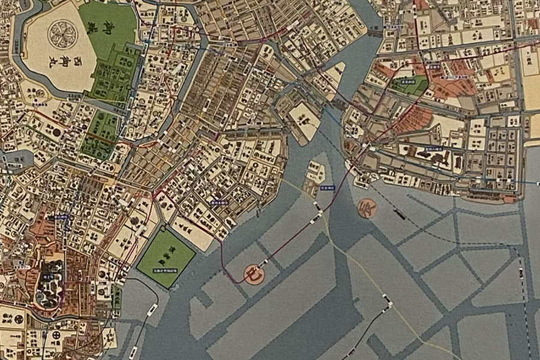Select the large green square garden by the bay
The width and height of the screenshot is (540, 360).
[166, 257]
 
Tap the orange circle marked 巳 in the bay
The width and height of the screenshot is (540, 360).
[254, 274]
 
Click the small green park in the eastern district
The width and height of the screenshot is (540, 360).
[409, 84]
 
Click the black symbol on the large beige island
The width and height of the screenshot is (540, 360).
[305, 119]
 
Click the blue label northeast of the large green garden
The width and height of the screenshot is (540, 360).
[217, 202]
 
